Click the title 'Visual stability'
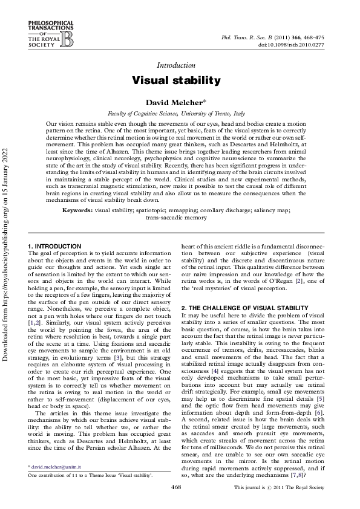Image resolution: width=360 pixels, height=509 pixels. (x=176, y=80)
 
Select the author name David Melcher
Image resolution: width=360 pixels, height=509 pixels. (x=176, y=103)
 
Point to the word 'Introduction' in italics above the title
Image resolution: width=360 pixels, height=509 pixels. (x=176, y=65)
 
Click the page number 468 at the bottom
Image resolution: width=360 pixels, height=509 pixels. (x=176, y=487)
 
